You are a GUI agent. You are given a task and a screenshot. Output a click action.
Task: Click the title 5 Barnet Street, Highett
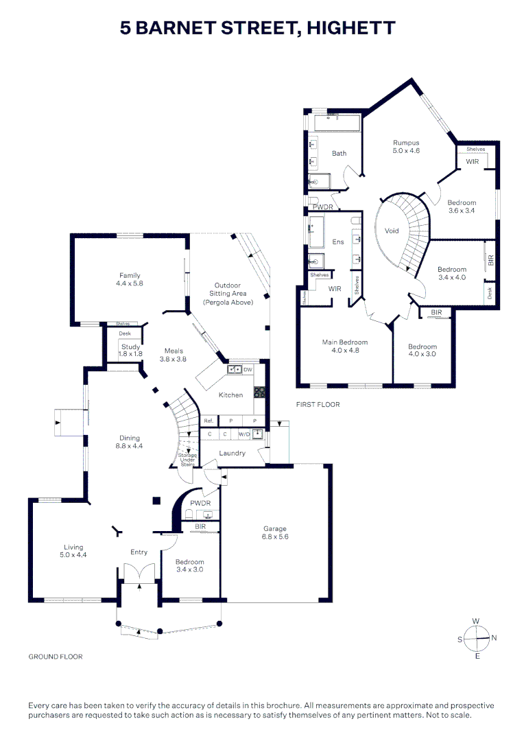(x=258, y=28)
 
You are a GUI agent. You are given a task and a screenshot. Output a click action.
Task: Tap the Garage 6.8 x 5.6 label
(x=274, y=533)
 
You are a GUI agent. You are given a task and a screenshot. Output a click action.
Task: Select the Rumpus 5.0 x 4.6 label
(x=405, y=146)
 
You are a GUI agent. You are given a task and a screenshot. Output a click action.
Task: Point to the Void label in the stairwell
(x=392, y=231)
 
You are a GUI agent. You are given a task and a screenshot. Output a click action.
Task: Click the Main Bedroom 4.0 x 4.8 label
(x=345, y=346)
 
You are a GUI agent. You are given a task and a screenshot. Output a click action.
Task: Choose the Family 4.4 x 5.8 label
(x=130, y=279)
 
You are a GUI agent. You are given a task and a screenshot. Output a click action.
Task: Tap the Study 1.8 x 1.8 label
(x=130, y=350)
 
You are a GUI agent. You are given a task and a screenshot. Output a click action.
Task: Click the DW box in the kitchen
(x=248, y=369)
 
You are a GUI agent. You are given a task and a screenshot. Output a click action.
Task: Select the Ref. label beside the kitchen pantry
(x=208, y=421)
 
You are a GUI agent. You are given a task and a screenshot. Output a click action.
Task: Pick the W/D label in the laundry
(x=243, y=434)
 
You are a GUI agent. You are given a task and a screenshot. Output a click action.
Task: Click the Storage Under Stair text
(x=187, y=460)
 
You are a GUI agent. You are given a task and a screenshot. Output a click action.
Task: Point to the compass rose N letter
(x=494, y=638)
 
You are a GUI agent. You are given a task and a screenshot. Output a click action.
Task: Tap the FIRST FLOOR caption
(x=318, y=405)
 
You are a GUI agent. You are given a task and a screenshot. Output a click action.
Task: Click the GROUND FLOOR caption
(x=56, y=657)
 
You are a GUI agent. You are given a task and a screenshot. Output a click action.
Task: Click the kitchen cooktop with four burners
(x=260, y=393)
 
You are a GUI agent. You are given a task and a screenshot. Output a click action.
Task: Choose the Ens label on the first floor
(x=338, y=242)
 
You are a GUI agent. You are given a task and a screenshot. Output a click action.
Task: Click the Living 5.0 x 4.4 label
(x=73, y=551)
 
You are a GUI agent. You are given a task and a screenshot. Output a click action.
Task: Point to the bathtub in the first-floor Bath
(x=336, y=123)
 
